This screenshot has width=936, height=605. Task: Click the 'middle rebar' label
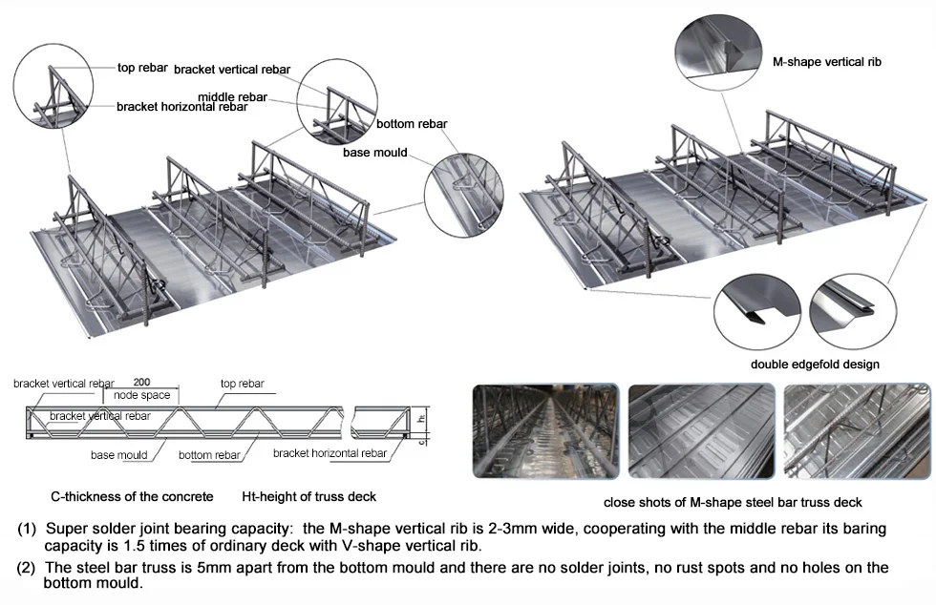click(x=232, y=96)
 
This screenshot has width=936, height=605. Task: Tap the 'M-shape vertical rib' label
click(x=826, y=62)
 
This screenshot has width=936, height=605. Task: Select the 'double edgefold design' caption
click(x=815, y=364)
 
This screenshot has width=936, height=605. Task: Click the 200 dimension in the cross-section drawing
click(x=141, y=383)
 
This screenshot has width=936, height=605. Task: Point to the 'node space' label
click(x=141, y=395)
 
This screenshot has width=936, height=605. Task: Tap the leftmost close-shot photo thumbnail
click(x=545, y=430)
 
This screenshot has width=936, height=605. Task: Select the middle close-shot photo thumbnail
click(x=701, y=430)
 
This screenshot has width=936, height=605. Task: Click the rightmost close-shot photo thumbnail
click(x=857, y=430)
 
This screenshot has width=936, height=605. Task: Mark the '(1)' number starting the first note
click(x=28, y=529)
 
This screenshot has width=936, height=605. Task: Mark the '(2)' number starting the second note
click(x=28, y=568)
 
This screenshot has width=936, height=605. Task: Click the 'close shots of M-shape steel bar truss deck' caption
click(x=732, y=502)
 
